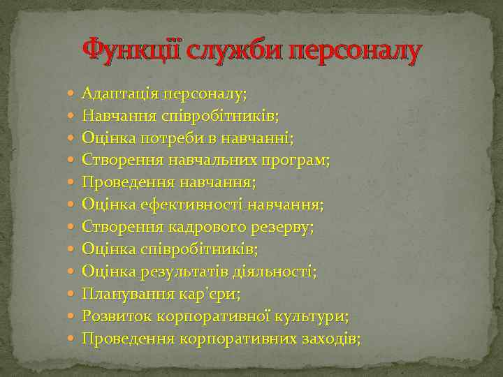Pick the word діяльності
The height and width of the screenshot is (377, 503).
pos(273,271)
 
